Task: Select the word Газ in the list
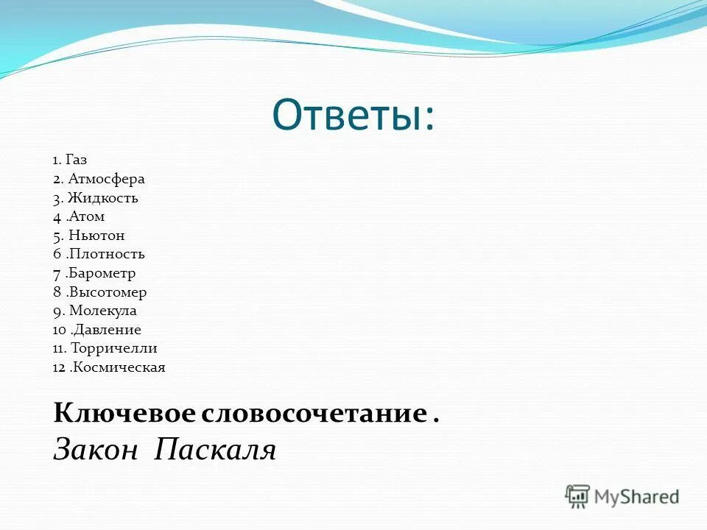pyautogui.click(x=76, y=160)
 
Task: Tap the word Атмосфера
pyautogui.click(x=108, y=179)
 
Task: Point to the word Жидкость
pyautogui.click(x=103, y=198)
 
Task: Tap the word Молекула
pyautogui.click(x=103, y=311)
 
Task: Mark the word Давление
pyautogui.click(x=105, y=330)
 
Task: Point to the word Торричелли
pyautogui.click(x=114, y=349)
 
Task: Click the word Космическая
pyautogui.click(x=118, y=367)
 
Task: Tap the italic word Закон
pyautogui.click(x=95, y=449)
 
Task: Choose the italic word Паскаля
pyautogui.click(x=214, y=449)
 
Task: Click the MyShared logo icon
pyautogui.click(x=578, y=497)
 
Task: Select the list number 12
pyautogui.click(x=59, y=367)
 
